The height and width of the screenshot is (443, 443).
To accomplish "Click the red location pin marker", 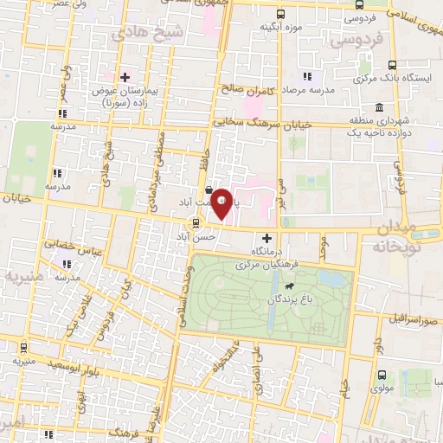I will point(221,202).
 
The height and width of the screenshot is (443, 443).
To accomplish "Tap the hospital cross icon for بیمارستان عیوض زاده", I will point(125,77).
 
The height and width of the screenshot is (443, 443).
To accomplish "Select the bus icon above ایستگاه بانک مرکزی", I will point(393,65).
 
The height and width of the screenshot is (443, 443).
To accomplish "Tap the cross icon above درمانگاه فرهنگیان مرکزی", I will point(266,237).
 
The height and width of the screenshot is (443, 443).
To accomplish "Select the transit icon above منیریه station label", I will point(22,349).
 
